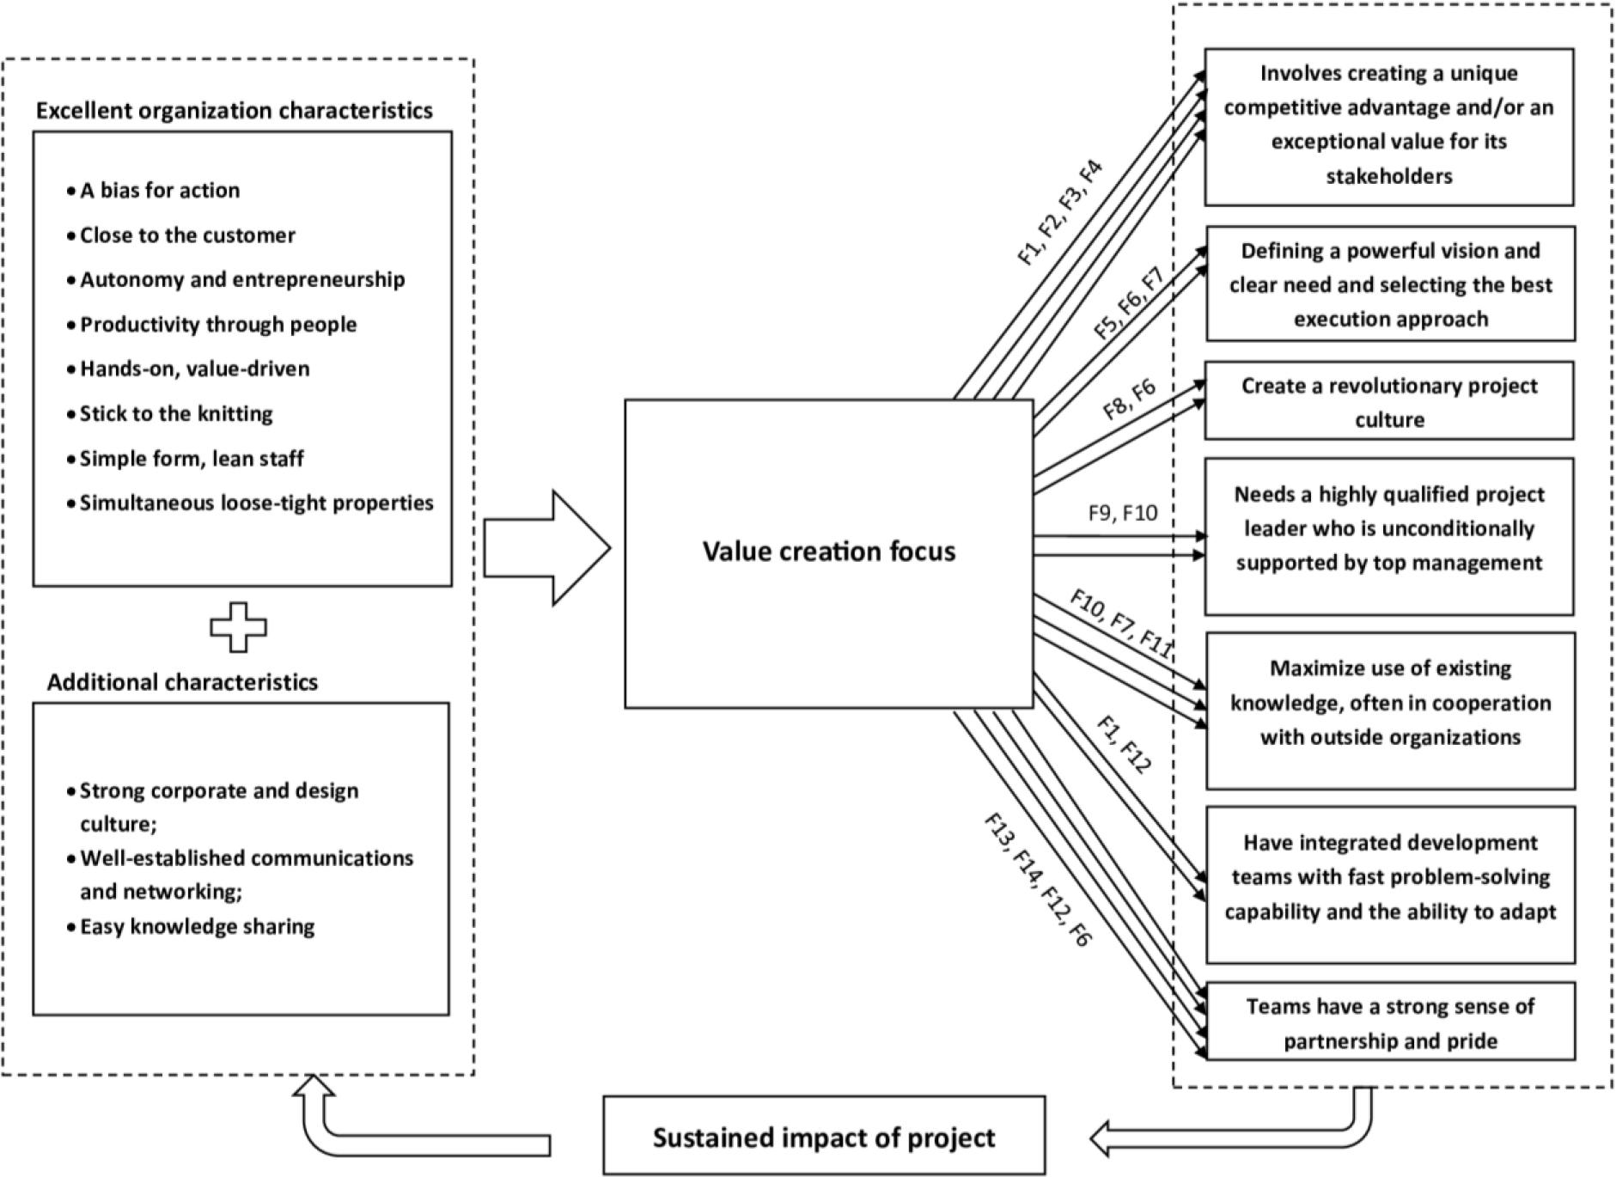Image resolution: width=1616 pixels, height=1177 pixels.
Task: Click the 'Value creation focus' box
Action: tap(828, 552)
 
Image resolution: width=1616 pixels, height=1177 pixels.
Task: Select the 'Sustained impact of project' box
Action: tap(824, 1137)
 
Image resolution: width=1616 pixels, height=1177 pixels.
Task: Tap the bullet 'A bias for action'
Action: tap(160, 190)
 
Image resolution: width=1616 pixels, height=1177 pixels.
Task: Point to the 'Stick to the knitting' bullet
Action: tap(176, 413)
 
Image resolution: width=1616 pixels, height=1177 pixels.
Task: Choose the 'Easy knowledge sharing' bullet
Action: tap(197, 926)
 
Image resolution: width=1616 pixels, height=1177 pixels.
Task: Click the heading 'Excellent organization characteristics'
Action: tap(234, 111)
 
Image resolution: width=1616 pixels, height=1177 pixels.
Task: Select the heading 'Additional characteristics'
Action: tap(182, 682)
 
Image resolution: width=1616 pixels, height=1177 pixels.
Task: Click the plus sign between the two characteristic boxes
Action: tap(239, 627)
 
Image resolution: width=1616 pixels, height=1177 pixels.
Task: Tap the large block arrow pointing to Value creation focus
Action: tap(547, 548)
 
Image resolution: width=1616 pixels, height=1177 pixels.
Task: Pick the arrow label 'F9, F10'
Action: tap(1122, 513)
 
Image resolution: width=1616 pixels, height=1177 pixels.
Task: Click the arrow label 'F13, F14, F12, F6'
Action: tap(1037, 879)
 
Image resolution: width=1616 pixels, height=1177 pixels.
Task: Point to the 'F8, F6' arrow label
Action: tap(1129, 399)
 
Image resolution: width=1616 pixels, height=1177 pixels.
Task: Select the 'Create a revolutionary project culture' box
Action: tap(1389, 401)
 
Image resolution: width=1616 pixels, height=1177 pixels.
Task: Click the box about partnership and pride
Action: tap(1390, 1022)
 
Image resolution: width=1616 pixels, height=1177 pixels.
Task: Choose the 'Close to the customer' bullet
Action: tap(187, 235)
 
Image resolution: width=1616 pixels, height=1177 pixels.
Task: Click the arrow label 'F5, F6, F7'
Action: tap(1128, 304)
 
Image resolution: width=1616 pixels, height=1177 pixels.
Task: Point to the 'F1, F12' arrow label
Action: tap(1123, 744)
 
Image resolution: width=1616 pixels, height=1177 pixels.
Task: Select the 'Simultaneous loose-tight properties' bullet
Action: tap(256, 503)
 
